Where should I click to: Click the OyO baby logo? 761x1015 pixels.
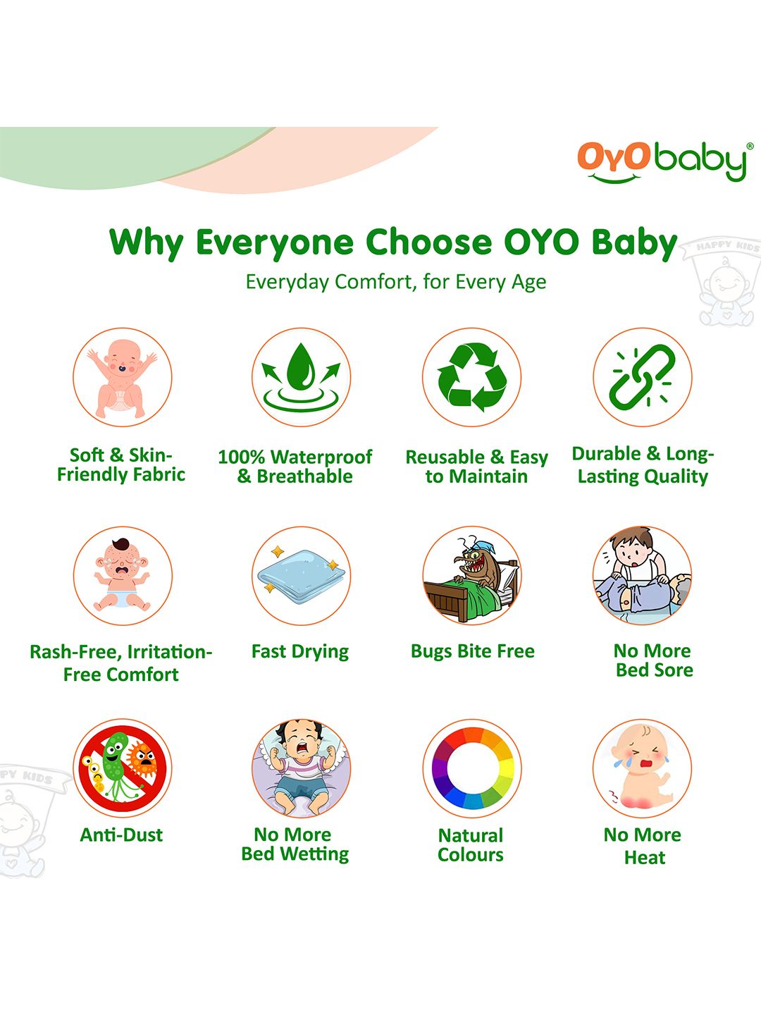pyautogui.click(x=665, y=162)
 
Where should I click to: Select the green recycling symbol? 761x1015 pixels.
pyautogui.click(x=472, y=377)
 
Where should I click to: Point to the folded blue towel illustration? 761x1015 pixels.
pyautogui.click(x=302, y=575)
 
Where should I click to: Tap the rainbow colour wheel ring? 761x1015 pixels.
pyautogui.click(x=472, y=768)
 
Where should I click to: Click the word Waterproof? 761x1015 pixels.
pyautogui.click(x=321, y=457)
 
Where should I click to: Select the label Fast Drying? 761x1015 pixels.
pyautogui.click(x=300, y=651)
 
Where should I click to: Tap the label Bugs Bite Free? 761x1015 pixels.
pyautogui.click(x=472, y=651)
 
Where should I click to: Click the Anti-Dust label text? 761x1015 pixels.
pyautogui.click(x=121, y=835)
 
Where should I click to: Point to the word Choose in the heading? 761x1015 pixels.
pyautogui.click(x=428, y=242)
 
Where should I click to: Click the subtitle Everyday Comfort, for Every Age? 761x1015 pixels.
pyautogui.click(x=395, y=282)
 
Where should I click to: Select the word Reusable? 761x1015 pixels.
pyautogui.click(x=445, y=457)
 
